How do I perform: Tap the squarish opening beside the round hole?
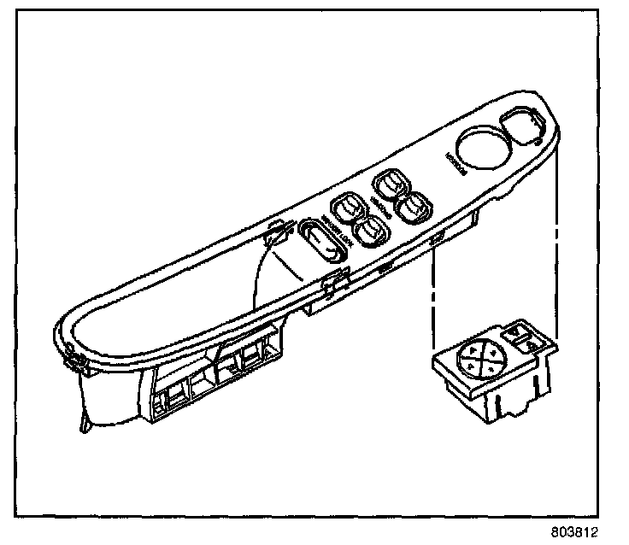[x=521, y=127]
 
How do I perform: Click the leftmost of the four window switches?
[x=346, y=207]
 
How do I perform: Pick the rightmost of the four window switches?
[x=416, y=204]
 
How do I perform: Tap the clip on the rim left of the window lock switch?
[x=276, y=235]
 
